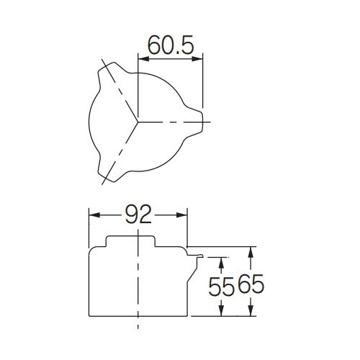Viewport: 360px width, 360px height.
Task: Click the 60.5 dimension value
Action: tap(171, 45)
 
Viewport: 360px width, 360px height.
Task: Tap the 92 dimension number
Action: tap(138, 215)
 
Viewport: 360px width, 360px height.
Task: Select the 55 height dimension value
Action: tap(221, 286)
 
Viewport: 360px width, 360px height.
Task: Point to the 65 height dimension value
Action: tap(251, 284)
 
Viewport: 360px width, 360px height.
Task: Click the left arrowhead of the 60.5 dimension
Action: tap(143, 59)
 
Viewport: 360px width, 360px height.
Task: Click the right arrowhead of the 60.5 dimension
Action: tap(197, 59)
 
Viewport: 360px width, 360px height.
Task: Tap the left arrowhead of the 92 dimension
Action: tap(94, 215)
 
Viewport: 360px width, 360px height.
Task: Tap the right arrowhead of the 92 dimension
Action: tap(181, 215)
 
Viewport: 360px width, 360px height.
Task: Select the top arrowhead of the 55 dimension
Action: tap(221, 263)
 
